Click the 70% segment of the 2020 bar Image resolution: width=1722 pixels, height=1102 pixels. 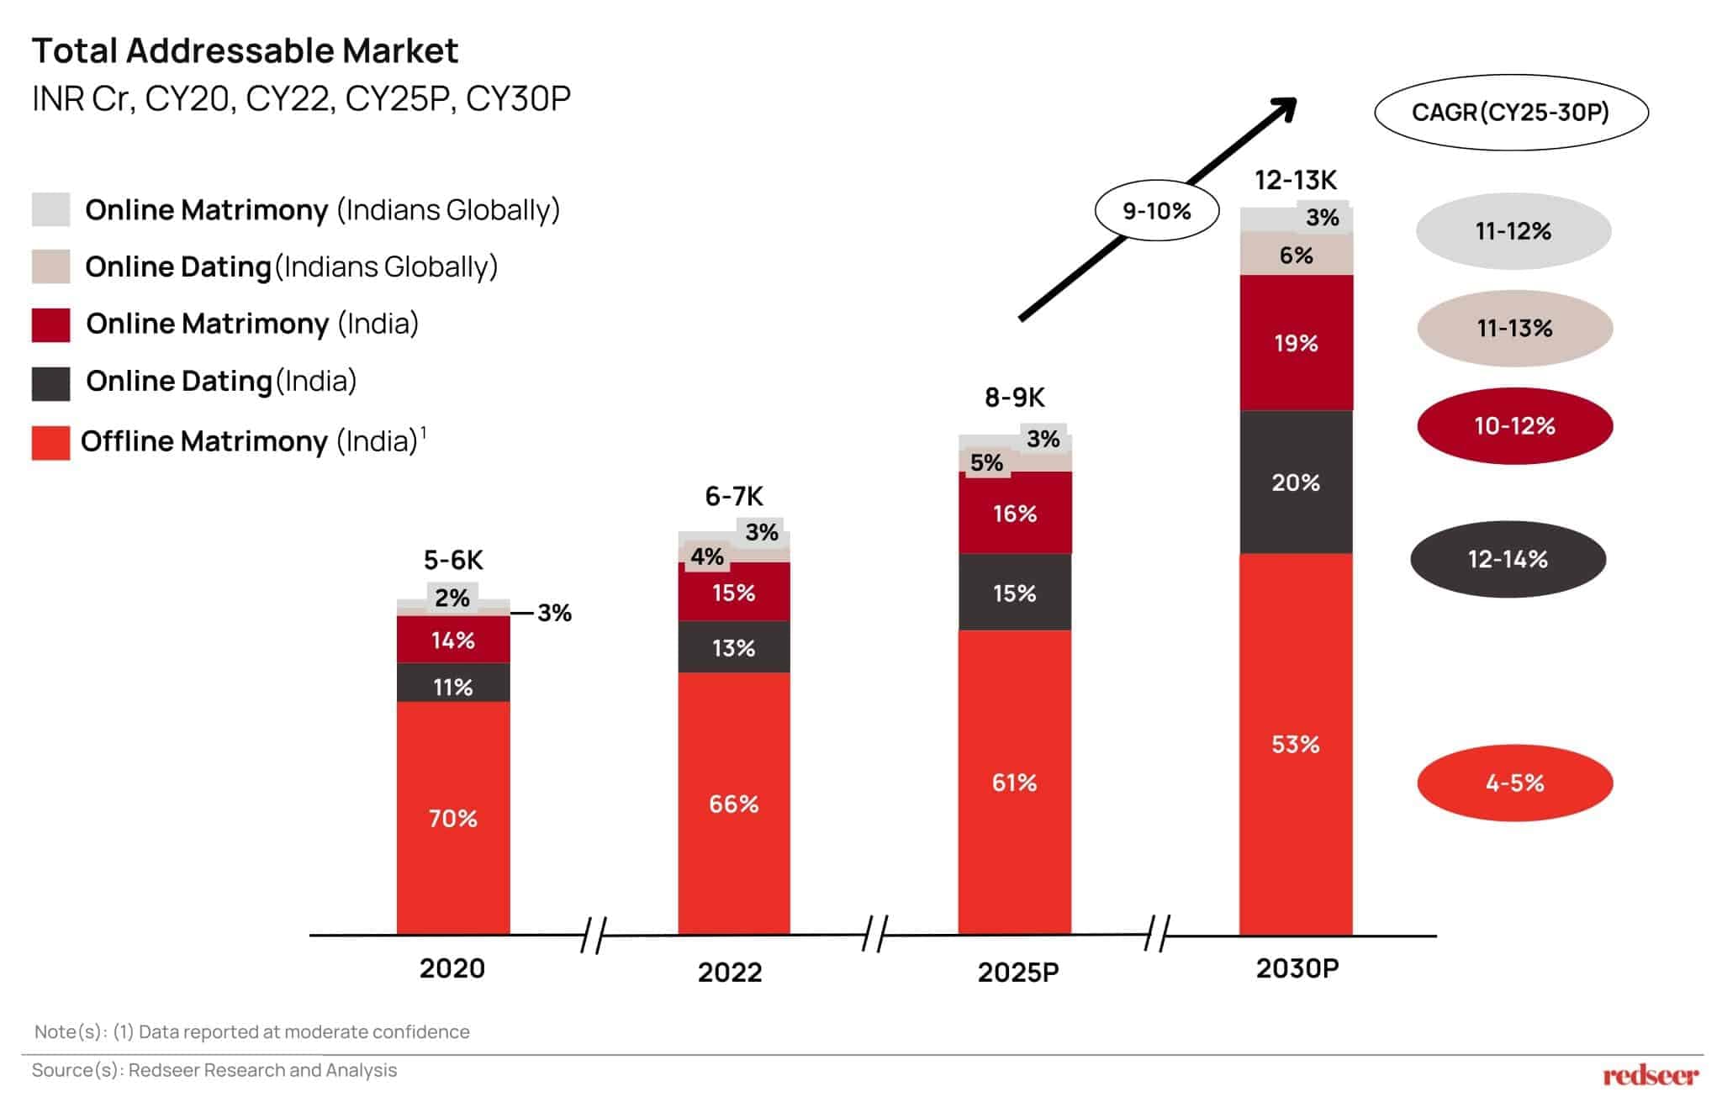453,818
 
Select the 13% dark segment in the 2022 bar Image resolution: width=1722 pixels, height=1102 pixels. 733,647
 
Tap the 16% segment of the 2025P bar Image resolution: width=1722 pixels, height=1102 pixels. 1014,513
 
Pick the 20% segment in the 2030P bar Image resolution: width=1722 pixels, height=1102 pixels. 1295,482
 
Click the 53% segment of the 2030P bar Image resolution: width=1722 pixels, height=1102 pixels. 1295,744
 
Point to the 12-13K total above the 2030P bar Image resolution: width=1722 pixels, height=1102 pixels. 1295,180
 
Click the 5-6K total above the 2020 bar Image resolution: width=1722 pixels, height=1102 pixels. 453,560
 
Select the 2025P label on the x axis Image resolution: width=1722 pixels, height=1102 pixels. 1017,972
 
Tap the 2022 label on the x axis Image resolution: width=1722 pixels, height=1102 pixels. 730,972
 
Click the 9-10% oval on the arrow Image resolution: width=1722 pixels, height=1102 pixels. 1157,210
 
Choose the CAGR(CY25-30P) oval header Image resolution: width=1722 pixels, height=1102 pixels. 1510,112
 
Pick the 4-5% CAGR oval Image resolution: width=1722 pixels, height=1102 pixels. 1514,783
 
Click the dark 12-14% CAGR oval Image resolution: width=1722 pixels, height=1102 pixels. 1508,559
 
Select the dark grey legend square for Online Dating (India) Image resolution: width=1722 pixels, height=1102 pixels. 50,383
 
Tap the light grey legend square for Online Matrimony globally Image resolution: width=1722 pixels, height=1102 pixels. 50,209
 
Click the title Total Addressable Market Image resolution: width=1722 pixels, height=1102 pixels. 245,50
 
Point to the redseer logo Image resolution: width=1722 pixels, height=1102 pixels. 1650,1074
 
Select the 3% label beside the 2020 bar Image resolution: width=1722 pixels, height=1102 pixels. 554,613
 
